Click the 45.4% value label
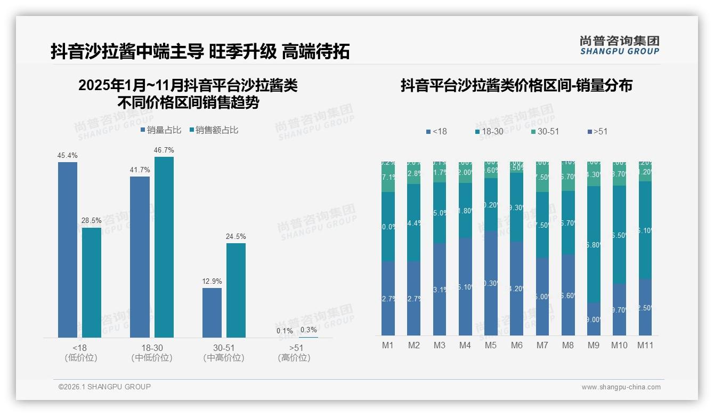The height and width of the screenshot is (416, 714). point(68,156)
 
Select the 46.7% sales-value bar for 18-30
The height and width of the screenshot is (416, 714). point(164,247)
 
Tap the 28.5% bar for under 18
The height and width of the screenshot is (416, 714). point(92,283)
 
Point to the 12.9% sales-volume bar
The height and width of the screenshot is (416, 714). point(212,313)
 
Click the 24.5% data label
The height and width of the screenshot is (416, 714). point(236,237)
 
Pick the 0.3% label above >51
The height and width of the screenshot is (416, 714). point(309,330)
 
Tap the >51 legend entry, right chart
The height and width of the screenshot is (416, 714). point(597,131)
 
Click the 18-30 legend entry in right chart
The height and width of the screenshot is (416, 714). point(490,131)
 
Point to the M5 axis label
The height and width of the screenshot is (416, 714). point(491,345)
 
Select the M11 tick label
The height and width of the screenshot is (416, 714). point(646,345)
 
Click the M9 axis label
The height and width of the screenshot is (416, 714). point(594,345)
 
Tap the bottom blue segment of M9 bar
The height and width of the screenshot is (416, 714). point(594,319)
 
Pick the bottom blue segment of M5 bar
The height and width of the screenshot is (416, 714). point(491,283)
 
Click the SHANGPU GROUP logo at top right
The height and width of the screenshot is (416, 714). point(619,45)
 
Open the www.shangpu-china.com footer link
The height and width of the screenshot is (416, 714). point(621,387)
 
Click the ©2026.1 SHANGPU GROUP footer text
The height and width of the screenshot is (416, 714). point(104,387)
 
